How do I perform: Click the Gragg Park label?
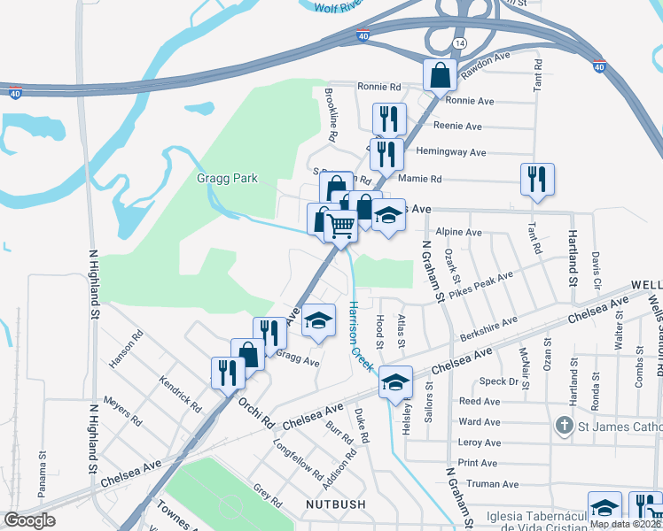pyautogui.click(x=228, y=179)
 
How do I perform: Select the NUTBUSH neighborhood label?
pyautogui.click(x=335, y=504)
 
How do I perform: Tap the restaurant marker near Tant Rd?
pyautogui.click(x=537, y=179)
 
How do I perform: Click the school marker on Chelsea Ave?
pyautogui.click(x=396, y=382)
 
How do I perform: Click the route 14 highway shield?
pyautogui.click(x=458, y=43)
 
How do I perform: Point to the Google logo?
pyautogui.click(x=30, y=520)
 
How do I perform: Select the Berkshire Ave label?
pyautogui.click(x=488, y=330)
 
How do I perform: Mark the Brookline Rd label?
pyautogui.click(x=331, y=116)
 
